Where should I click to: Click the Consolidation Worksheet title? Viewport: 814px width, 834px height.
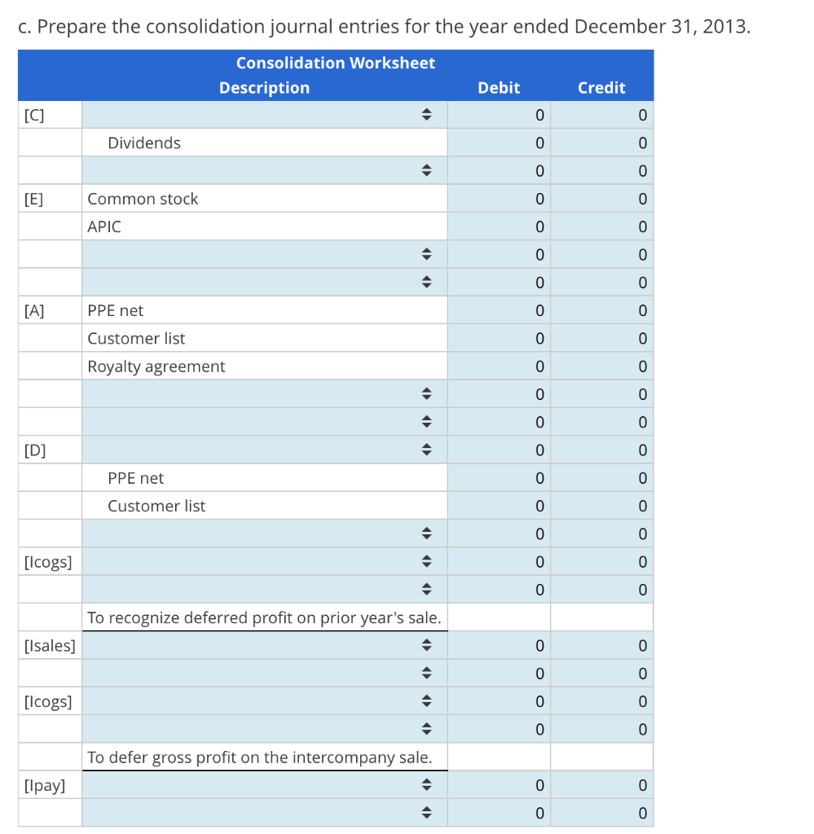(x=335, y=63)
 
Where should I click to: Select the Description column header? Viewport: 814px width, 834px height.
(x=265, y=88)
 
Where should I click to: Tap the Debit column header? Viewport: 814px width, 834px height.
(x=499, y=88)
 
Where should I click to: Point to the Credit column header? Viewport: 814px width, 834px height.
(x=601, y=88)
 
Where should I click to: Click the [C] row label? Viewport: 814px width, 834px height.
(x=34, y=115)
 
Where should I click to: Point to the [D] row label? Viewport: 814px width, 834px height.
(x=34, y=450)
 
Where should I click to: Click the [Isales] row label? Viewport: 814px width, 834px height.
(x=50, y=645)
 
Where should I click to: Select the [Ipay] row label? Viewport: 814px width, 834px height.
(x=45, y=785)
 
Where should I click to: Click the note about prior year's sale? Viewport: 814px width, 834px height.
(x=265, y=617)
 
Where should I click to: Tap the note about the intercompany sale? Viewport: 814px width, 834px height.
(x=260, y=757)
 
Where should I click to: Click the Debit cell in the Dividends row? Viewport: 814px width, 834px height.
(x=499, y=143)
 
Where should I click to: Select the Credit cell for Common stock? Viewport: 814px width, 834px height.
(x=601, y=199)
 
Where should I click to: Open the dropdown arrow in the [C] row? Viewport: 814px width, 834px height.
(x=426, y=114)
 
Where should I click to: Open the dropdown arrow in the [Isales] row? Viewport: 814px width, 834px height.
(x=426, y=645)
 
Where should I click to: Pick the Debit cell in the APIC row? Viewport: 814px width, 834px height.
(x=499, y=226)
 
